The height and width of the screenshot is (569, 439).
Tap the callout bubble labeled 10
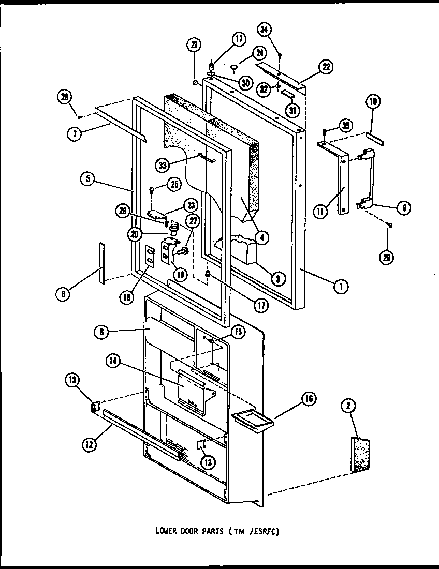tap(372, 103)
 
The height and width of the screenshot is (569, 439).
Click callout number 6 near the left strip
tap(64, 294)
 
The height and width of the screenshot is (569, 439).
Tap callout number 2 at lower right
tap(349, 407)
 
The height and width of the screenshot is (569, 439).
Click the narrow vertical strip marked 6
tap(102, 263)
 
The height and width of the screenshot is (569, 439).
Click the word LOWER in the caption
tap(165, 530)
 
